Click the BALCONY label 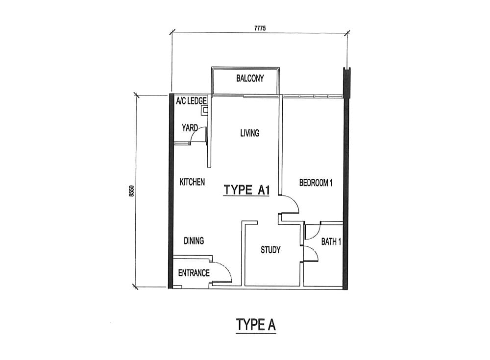pyautogui.click(x=250, y=78)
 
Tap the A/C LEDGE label pyautogui.click(x=191, y=101)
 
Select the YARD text pyautogui.click(x=190, y=128)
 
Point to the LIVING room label pyautogui.click(x=250, y=133)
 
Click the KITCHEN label pyautogui.click(x=192, y=182)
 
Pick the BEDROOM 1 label pyautogui.click(x=316, y=183)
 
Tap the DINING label pyautogui.click(x=194, y=240)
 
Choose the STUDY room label pyautogui.click(x=270, y=250)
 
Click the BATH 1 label pyautogui.click(x=331, y=241)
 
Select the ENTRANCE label pyautogui.click(x=194, y=273)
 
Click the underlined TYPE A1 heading pyautogui.click(x=246, y=191)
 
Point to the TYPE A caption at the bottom pyautogui.click(x=256, y=325)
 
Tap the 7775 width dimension pyautogui.click(x=260, y=28)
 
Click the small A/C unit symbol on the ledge pyautogui.click(x=205, y=110)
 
